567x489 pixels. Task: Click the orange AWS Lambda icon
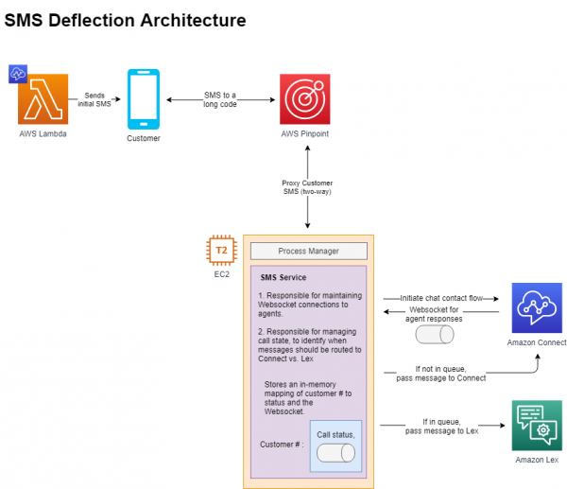point(43,100)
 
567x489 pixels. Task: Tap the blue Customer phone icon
point(143,100)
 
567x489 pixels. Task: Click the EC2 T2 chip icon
point(221,251)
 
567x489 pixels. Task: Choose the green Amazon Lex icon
point(536,426)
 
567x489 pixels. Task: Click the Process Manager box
point(308,252)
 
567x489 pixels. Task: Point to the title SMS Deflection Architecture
point(126,20)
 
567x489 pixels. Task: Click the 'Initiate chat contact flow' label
point(441,298)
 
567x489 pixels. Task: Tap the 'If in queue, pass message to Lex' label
point(441,426)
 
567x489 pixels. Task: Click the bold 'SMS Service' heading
point(283,278)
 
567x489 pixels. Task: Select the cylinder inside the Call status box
point(336,453)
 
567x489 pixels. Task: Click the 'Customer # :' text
point(282,443)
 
